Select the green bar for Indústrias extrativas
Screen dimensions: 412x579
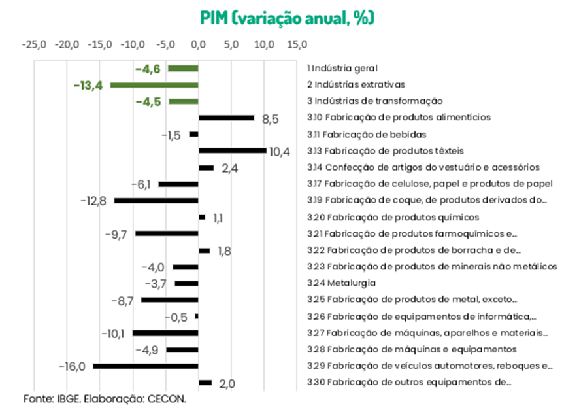coord(154,85)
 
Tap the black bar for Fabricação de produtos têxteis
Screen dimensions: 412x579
coord(232,150)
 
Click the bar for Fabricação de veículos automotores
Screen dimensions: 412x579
coord(146,366)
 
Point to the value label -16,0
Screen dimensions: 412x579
coord(73,366)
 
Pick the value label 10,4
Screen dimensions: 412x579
coord(280,152)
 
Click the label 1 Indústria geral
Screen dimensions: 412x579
coord(342,68)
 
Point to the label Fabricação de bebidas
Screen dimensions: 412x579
coord(367,134)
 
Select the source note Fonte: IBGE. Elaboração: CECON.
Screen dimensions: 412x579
coord(105,398)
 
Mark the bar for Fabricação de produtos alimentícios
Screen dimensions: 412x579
coord(226,118)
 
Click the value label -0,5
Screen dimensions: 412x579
coord(175,317)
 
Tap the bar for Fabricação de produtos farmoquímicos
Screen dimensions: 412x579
coord(167,233)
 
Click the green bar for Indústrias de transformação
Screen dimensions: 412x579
coord(184,101)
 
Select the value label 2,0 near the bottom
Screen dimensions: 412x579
coord(227,384)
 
